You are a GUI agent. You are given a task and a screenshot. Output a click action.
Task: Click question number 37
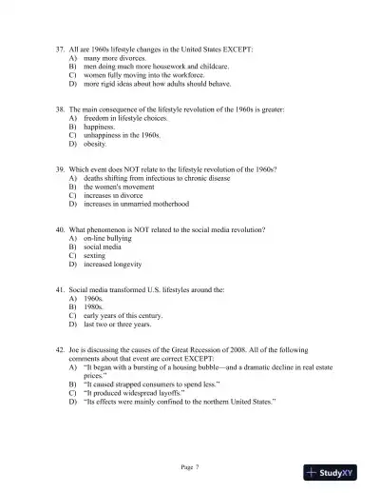pyautogui.click(x=61, y=48)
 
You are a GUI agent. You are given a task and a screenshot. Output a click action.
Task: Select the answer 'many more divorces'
pyautogui.click(x=115, y=58)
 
